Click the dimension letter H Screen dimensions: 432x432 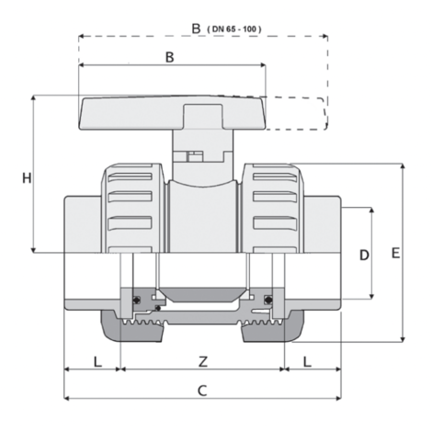pyautogui.click(x=27, y=178)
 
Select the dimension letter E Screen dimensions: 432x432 pyautogui.click(x=395, y=253)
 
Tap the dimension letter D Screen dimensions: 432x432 pyautogui.click(x=364, y=255)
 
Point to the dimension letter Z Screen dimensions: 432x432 pyautogui.click(x=203, y=362)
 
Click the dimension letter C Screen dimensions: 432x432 pyautogui.click(x=202, y=391)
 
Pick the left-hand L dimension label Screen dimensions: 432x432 pyautogui.click(x=97, y=362)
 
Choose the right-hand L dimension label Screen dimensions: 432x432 pyautogui.click(x=307, y=362)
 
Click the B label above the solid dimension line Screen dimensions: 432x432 pyautogui.click(x=169, y=57)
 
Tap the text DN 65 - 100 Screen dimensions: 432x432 pyautogui.click(x=234, y=29)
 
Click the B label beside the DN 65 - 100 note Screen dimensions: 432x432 pyautogui.click(x=196, y=28)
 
